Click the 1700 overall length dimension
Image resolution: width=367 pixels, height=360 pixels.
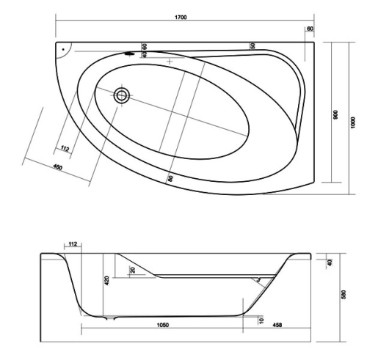tap(181, 17)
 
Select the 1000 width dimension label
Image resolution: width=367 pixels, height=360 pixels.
tap(352, 122)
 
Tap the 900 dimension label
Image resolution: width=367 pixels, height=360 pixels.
tap(335, 115)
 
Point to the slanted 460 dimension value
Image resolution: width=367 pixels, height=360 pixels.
tap(58, 167)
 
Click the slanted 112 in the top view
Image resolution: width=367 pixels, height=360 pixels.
tap(65, 148)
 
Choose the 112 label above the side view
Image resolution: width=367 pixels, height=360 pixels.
tap(73, 243)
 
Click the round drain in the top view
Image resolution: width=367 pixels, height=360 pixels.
tap(122, 95)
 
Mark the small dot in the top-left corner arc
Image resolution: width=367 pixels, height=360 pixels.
tap(63, 49)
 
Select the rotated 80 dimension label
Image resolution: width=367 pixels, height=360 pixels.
tap(170, 178)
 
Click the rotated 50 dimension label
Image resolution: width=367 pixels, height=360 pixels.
tap(252, 45)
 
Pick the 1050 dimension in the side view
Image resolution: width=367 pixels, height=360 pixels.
tap(163, 325)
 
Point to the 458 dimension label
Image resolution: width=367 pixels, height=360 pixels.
tap(277, 325)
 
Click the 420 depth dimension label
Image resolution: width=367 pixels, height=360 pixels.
tap(106, 281)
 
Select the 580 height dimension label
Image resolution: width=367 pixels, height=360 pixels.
tap(344, 295)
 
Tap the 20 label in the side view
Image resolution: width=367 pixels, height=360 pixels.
tap(133, 270)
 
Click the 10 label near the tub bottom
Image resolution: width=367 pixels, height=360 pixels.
tap(261, 320)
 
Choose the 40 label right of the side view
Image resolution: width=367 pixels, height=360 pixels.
tap(330, 262)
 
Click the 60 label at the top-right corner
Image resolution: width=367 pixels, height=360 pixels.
tap(310, 29)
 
